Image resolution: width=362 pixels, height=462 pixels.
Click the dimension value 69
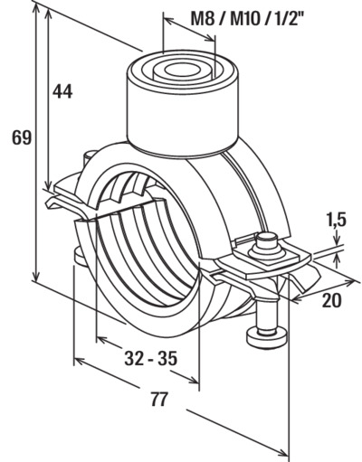(22, 137)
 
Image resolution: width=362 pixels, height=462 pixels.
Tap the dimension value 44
(62, 91)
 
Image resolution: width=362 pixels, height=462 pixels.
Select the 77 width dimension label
(158, 400)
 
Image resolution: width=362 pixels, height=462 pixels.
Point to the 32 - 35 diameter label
(151, 358)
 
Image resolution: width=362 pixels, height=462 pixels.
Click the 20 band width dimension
(332, 300)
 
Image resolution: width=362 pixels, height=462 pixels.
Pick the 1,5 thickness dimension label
(336, 220)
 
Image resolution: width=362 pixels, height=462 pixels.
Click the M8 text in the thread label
(203, 19)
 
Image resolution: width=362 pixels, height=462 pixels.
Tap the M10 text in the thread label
(245, 19)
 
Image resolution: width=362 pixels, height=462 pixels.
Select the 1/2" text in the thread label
(286, 19)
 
